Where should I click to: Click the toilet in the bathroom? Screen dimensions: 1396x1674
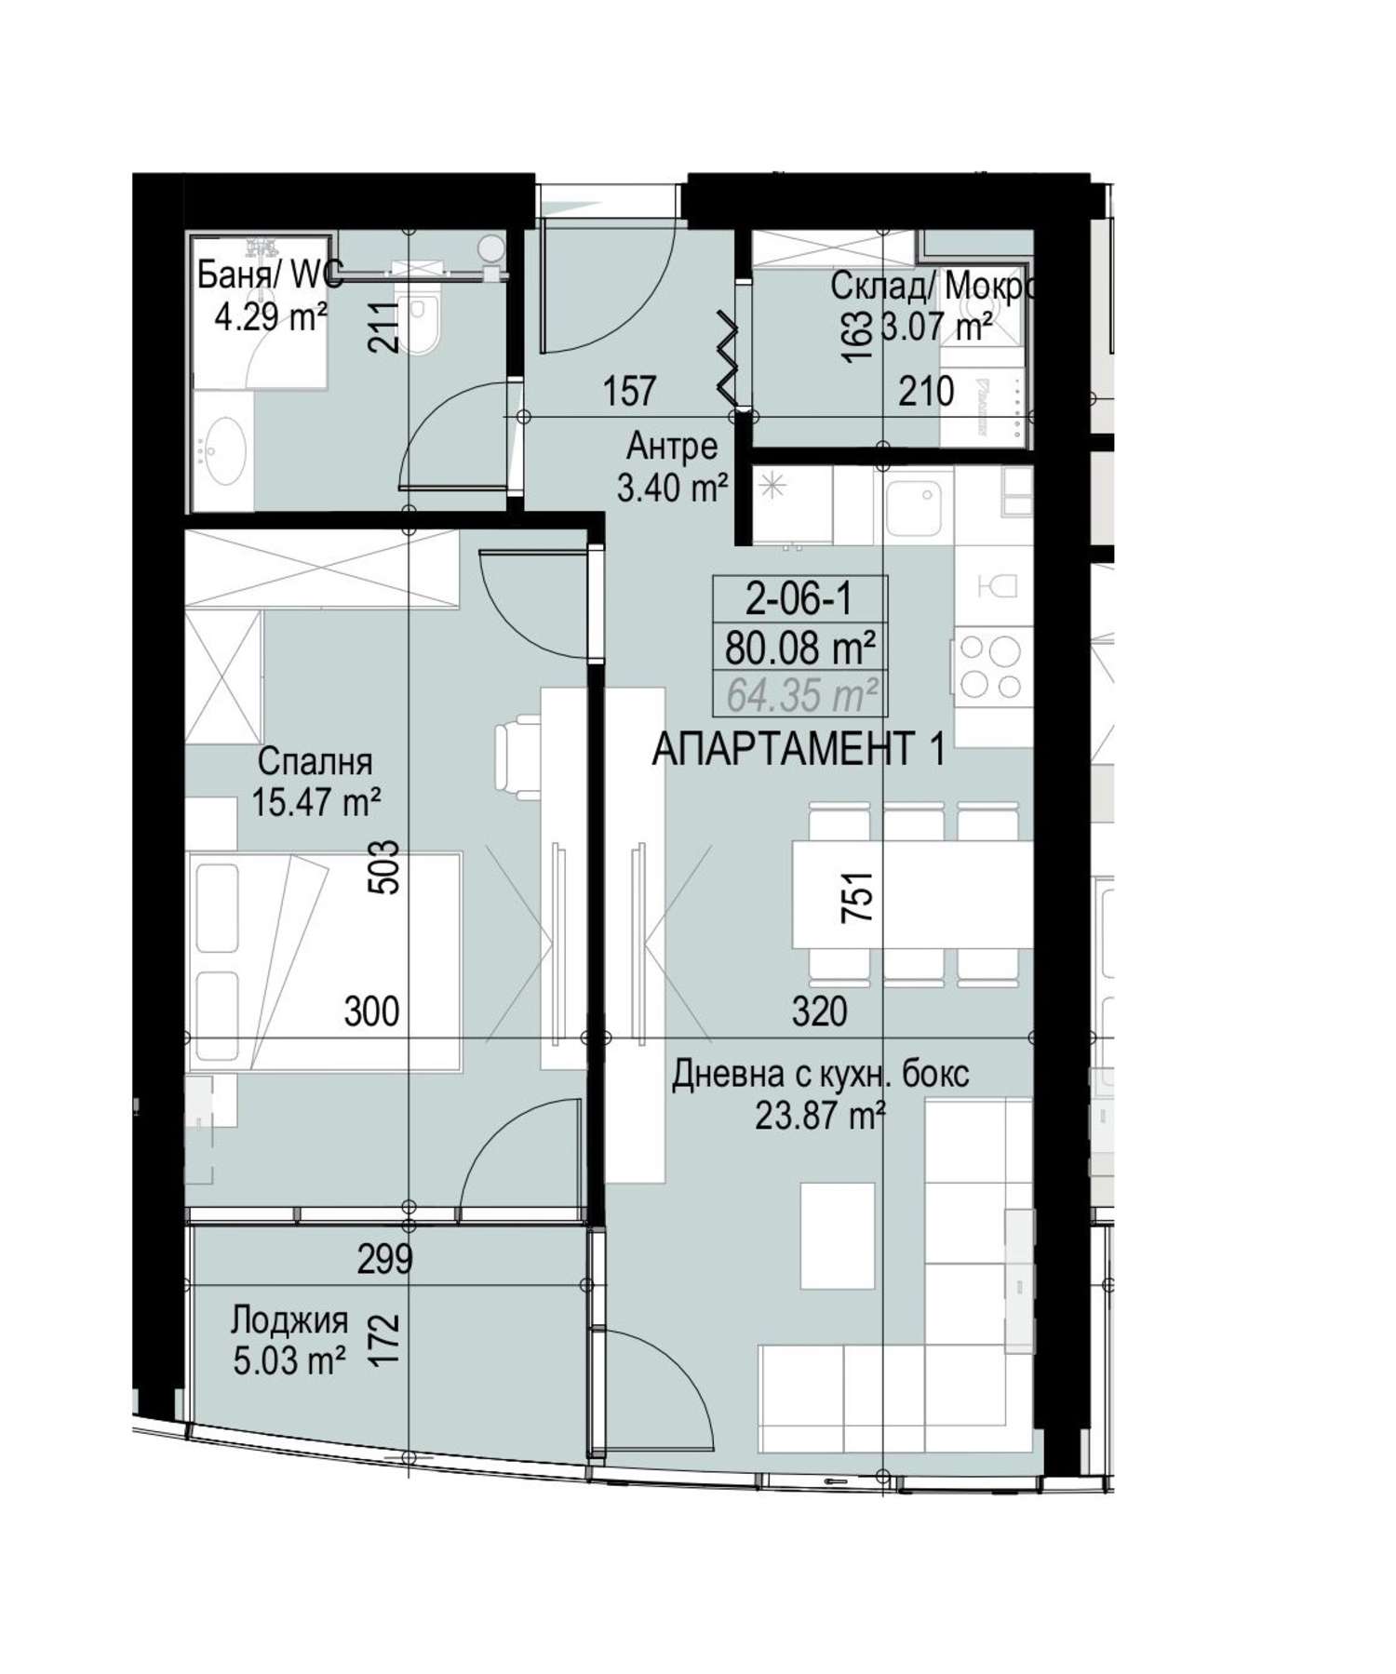[x=419, y=322]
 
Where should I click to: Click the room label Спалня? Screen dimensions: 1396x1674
[x=315, y=761]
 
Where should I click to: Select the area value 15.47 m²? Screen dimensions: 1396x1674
[x=316, y=801]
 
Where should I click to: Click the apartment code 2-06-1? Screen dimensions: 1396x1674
[x=799, y=599]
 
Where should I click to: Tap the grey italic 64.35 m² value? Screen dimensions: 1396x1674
[x=801, y=694]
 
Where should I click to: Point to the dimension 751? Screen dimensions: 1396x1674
[x=857, y=896]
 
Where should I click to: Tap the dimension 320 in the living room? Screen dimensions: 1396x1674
[x=820, y=1011]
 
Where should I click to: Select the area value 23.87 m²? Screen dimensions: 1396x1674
[x=820, y=1114]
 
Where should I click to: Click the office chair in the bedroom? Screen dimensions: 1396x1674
[x=517, y=757]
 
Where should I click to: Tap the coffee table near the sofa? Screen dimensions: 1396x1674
[x=838, y=1236]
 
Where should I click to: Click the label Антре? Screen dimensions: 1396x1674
[x=672, y=447]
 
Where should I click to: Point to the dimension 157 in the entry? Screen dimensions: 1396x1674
[x=630, y=392]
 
